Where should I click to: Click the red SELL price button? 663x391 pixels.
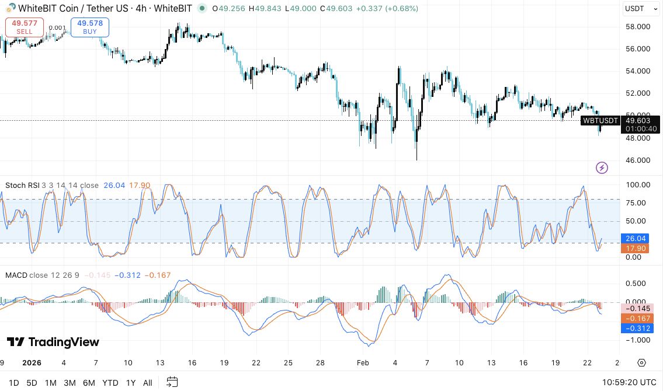[x=25, y=27]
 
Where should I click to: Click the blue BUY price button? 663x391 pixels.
[x=89, y=27]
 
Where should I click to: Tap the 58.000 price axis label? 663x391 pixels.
[x=638, y=27]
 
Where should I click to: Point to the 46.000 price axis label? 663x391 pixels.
[x=638, y=160]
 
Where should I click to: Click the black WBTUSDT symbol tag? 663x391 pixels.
[x=600, y=121]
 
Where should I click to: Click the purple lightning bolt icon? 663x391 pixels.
[x=602, y=168]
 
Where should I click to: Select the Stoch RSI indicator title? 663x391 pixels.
[x=22, y=186]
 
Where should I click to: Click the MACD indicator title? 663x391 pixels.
[x=16, y=275]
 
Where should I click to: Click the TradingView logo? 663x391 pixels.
[x=53, y=342]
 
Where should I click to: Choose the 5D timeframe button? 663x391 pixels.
[x=32, y=383]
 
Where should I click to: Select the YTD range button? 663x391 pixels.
[x=110, y=383]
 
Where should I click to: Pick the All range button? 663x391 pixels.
[x=148, y=383]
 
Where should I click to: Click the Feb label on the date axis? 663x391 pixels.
[x=363, y=362]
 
